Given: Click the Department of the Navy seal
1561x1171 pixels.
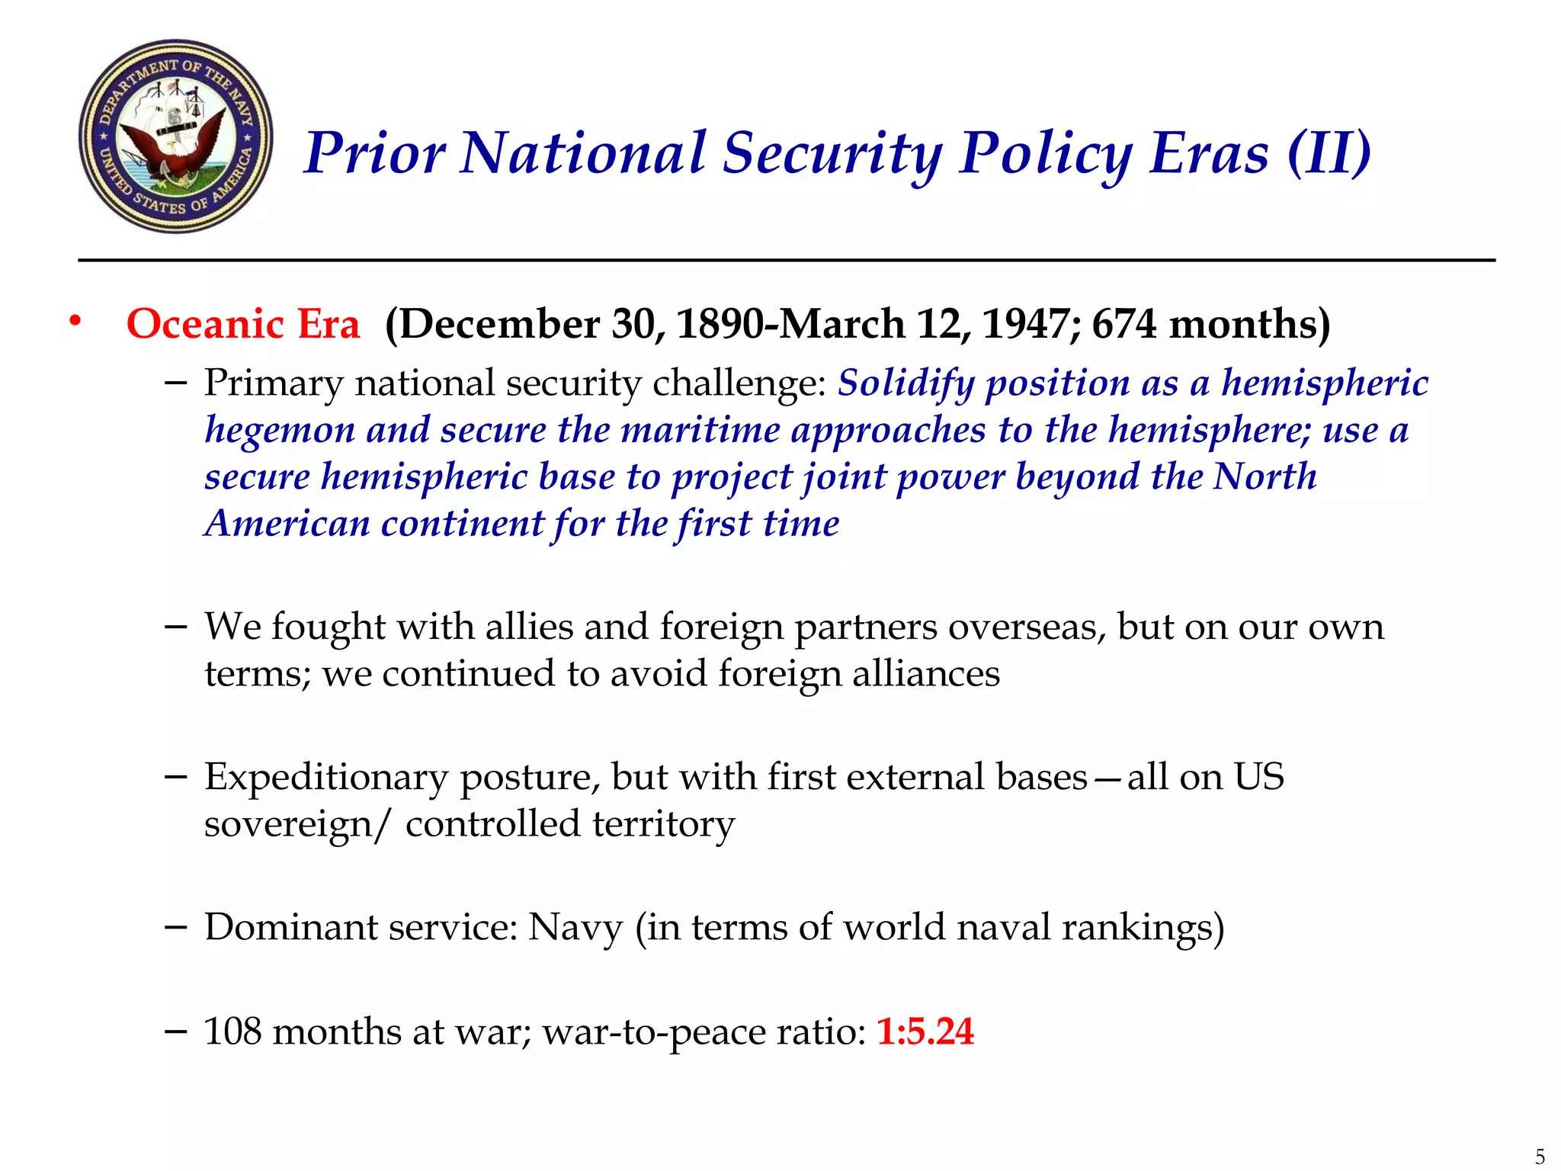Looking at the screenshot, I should (176, 136).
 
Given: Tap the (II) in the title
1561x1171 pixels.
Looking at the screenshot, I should (1329, 153).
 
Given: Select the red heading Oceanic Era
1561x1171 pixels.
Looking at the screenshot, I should (242, 324).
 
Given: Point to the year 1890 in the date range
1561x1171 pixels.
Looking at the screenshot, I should (720, 324).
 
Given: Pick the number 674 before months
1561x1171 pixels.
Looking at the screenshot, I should (1124, 324).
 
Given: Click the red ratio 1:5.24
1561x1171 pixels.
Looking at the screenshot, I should (925, 1031).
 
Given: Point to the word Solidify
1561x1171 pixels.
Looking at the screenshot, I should (906, 383).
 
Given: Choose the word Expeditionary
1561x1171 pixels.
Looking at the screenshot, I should (326, 778).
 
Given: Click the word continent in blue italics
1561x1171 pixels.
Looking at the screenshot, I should (463, 524).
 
